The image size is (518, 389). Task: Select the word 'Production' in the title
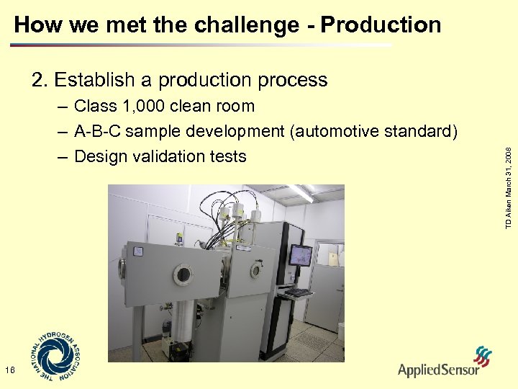pos(381,25)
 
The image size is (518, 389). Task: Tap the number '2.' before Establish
pos(40,79)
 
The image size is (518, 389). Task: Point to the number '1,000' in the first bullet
pos(144,107)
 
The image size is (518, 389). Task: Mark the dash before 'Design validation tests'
pos(62,156)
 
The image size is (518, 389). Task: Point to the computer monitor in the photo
pos(300,256)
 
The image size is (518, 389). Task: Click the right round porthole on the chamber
pos(255,269)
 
